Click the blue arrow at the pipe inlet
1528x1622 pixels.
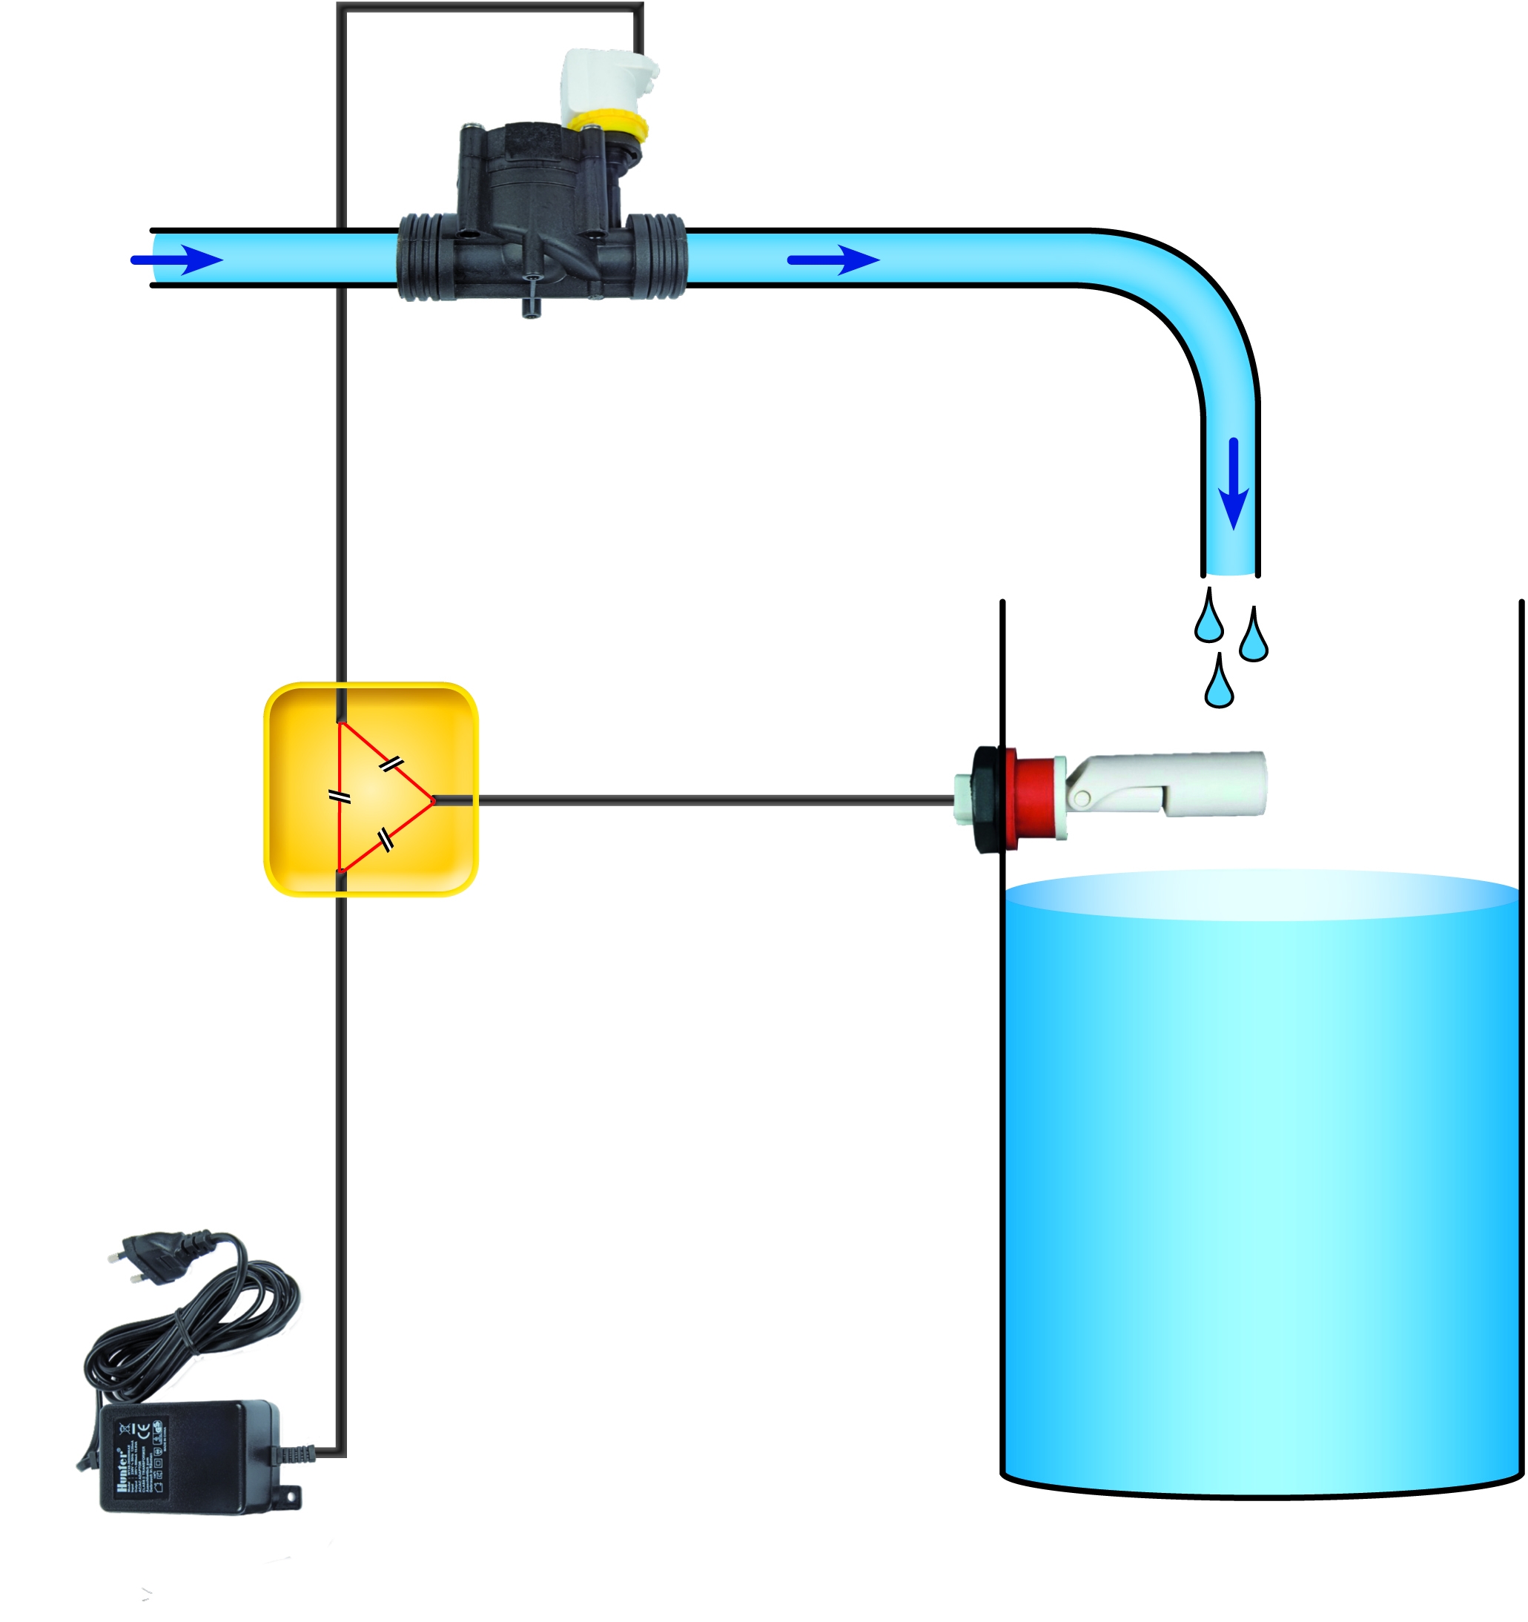pos(178,260)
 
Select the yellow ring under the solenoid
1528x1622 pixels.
pos(609,125)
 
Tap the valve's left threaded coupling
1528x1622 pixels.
pos(423,257)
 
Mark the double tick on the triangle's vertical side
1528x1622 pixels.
pos(340,797)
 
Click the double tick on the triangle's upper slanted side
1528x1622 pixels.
pos(391,764)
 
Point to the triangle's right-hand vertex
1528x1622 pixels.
pos(432,800)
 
